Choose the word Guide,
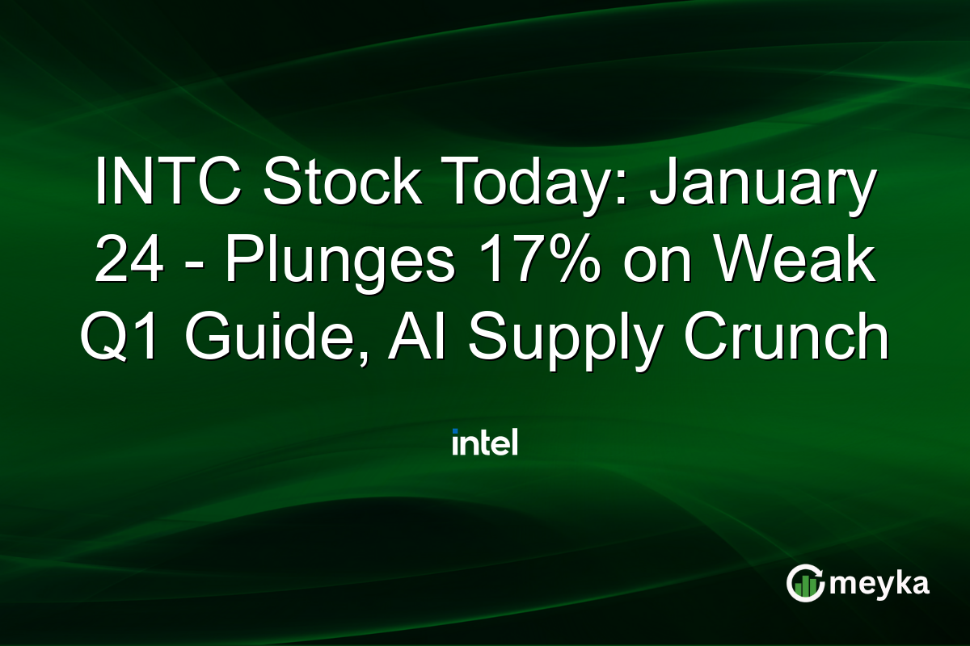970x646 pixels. pos(276,339)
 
